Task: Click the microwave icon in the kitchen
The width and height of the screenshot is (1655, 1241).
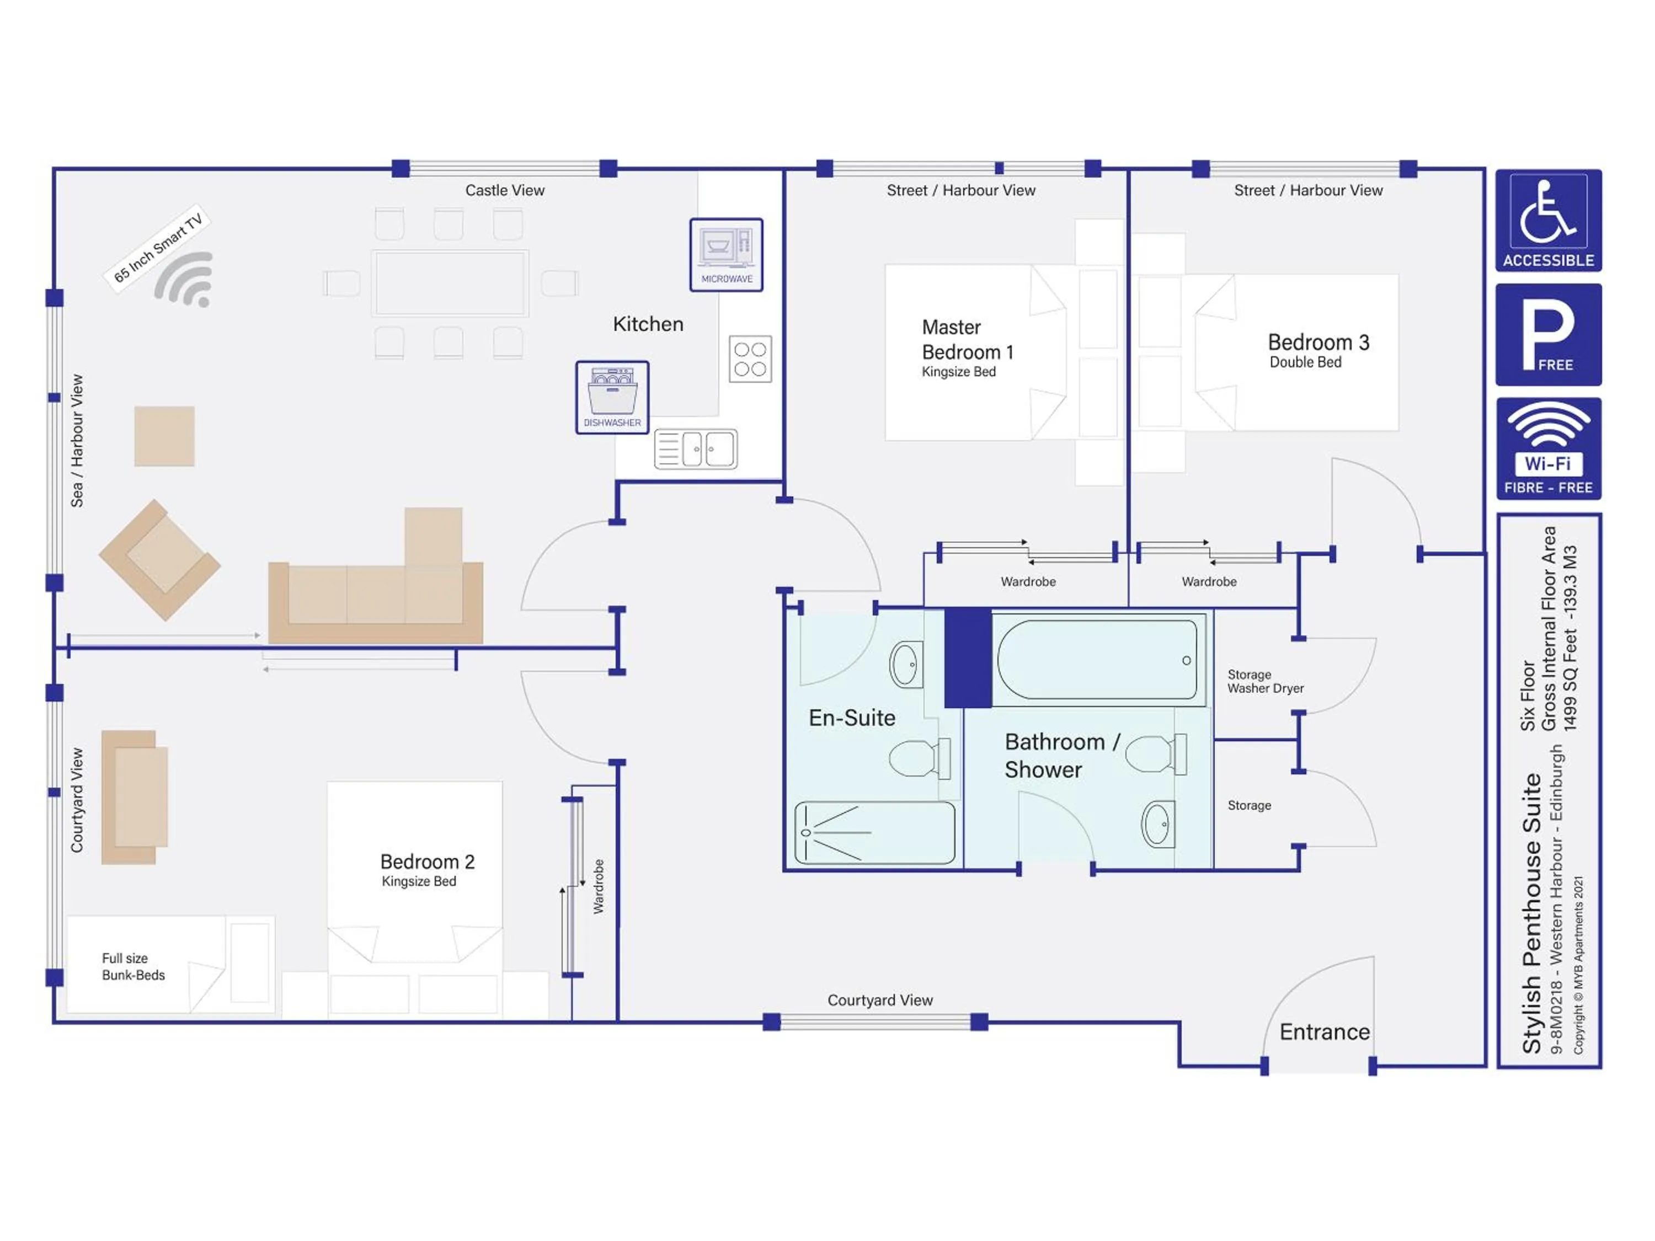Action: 726,254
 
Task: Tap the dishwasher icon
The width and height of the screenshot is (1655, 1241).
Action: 612,397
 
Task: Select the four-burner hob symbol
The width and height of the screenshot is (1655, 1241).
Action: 750,359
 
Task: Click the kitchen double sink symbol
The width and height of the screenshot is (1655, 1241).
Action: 696,449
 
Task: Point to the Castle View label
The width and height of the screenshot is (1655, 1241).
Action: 504,190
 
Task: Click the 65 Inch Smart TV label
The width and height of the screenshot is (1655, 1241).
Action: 158,248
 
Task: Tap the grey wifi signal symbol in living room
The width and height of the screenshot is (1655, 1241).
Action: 185,281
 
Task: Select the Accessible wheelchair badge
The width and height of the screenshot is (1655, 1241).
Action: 1548,221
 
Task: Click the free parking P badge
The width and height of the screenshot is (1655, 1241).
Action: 1548,334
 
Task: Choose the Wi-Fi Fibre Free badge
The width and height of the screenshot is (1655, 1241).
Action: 1548,449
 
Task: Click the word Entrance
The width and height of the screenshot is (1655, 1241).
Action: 1325,1033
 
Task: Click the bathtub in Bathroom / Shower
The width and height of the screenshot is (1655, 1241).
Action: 1097,660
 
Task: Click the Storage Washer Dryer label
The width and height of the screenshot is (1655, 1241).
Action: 1264,682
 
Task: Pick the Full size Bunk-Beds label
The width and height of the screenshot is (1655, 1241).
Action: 133,966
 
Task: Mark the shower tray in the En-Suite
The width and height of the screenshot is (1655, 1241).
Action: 874,832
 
